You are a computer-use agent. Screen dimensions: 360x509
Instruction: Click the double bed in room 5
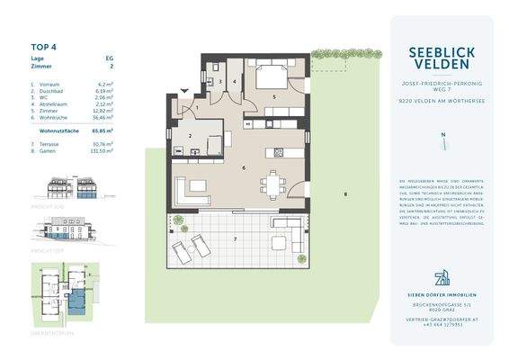click(x=276, y=72)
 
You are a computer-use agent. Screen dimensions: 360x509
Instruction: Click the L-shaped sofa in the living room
click(x=192, y=191)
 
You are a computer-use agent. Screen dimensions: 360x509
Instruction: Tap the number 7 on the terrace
click(x=236, y=238)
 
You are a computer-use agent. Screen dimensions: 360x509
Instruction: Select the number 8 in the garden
click(x=344, y=195)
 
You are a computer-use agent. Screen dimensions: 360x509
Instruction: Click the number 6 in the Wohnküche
click(x=243, y=167)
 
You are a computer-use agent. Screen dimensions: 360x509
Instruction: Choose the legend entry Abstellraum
click(x=52, y=103)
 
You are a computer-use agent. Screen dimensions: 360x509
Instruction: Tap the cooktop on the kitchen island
click(x=272, y=149)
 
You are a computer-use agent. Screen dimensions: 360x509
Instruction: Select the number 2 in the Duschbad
click(x=191, y=137)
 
